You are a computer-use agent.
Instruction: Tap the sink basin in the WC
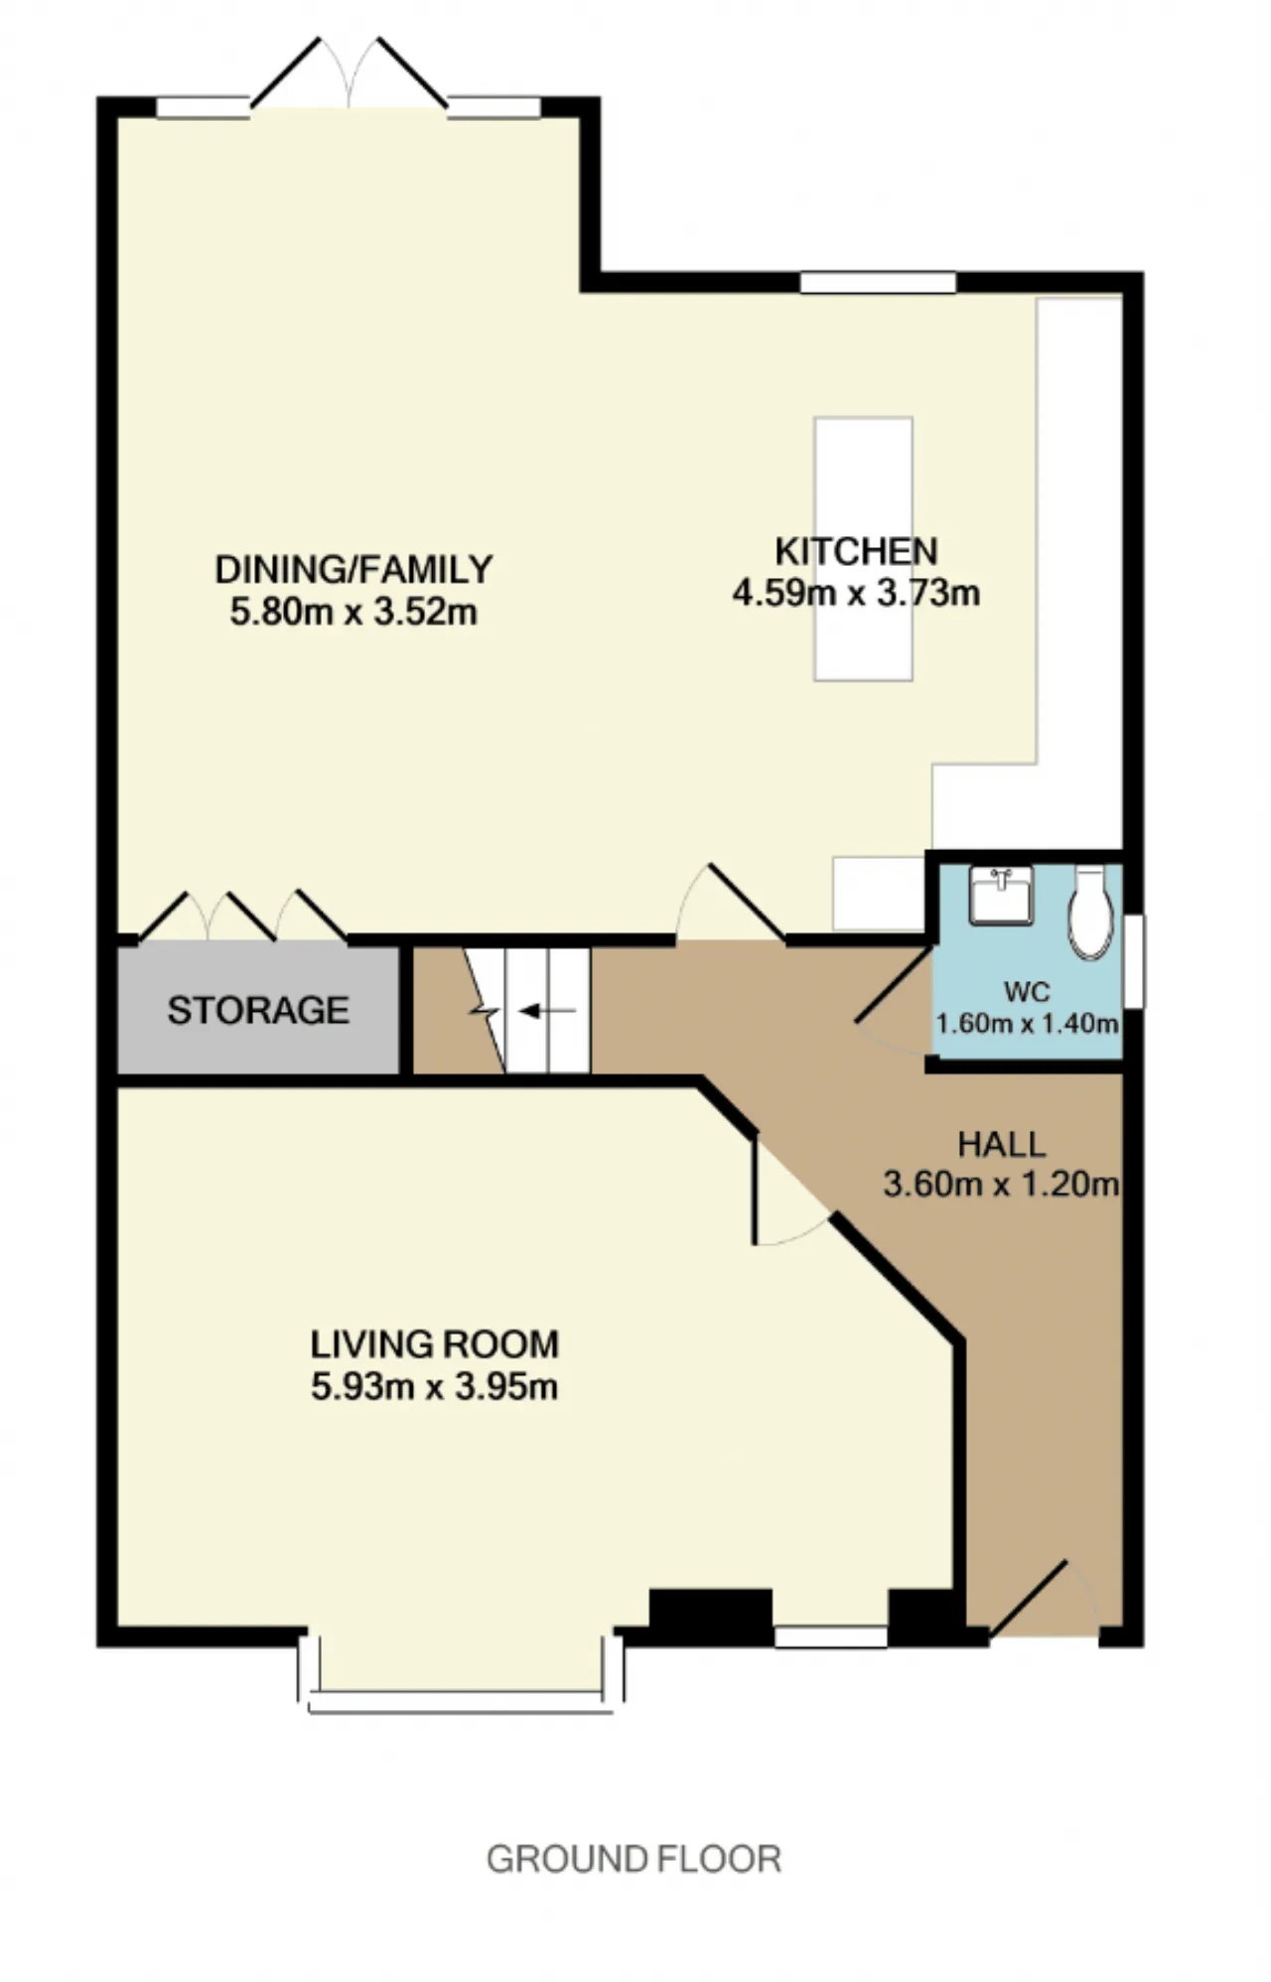(x=1001, y=895)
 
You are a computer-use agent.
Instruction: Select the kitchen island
(x=863, y=549)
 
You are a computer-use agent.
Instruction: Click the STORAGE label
(x=258, y=1010)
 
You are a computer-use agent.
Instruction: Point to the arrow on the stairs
(x=547, y=1011)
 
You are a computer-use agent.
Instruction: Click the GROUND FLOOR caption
(x=634, y=1859)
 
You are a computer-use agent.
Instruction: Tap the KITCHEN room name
(x=856, y=551)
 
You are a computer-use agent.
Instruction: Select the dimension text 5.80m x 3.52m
(x=353, y=612)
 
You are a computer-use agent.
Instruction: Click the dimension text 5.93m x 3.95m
(x=434, y=1386)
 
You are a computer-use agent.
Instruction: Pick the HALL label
(x=1001, y=1145)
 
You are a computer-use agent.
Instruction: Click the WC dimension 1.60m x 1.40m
(x=1028, y=1023)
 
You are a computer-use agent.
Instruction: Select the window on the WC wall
(x=1133, y=961)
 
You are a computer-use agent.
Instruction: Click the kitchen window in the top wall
(x=878, y=283)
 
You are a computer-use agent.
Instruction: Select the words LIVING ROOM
(x=435, y=1345)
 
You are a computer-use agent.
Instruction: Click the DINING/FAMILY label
(x=353, y=570)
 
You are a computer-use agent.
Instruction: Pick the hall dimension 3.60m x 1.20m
(x=1001, y=1185)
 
